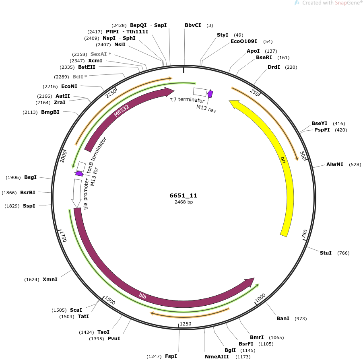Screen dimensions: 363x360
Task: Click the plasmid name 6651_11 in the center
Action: [183, 195]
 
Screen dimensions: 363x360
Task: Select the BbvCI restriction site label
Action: [193, 25]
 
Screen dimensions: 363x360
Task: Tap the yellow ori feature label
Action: [283, 160]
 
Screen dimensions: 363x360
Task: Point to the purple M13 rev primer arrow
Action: [210, 94]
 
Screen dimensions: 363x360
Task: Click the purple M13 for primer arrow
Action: [79, 173]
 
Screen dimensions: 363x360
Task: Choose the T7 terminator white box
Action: [200, 92]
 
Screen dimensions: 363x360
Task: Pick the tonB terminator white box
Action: [81, 167]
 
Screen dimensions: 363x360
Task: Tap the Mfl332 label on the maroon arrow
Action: [122, 111]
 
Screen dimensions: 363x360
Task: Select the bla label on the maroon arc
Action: [142, 296]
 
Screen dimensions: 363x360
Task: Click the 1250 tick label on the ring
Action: [186, 324]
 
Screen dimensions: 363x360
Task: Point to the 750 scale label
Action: [304, 234]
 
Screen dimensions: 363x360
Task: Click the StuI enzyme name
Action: [326, 253]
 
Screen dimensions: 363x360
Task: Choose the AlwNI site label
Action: [334, 165]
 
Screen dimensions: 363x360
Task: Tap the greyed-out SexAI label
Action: [99, 54]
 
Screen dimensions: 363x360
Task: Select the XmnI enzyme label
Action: [50, 280]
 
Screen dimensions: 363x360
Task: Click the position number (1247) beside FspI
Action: [154, 356]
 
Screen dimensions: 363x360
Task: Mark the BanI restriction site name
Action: [283, 319]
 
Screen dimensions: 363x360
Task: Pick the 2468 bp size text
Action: [184, 202]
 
